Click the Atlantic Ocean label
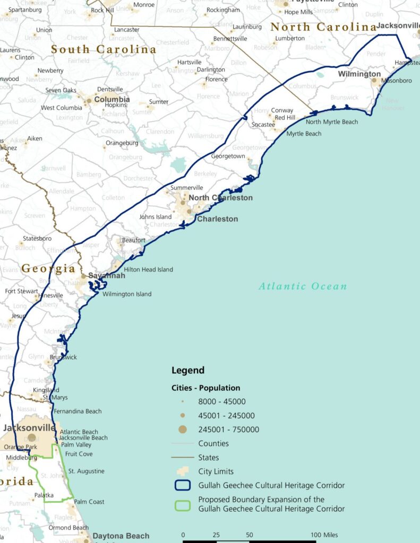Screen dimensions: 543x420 [x=303, y=286]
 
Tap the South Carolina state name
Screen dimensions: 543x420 [x=104, y=50]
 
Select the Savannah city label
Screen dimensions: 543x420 [x=107, y=276]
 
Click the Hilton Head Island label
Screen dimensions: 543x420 [x=149, y=269]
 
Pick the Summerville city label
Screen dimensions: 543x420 [x=187, y=188]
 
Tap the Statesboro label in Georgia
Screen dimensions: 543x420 [x=38, y=239]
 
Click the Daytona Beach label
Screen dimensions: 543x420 [x=121, y=536]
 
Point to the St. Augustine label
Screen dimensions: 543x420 [x=87, y=471]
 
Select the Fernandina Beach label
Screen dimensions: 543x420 [x=78, y=411]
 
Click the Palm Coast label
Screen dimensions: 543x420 [x=89, y=502]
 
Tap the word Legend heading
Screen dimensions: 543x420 [x=188, y=370]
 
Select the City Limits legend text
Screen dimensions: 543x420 [x=216, y=471]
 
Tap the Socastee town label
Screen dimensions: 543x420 [x=263, y=125]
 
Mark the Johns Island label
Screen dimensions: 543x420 [x=156, y=216]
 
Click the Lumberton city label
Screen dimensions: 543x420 [x=290, y=38]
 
